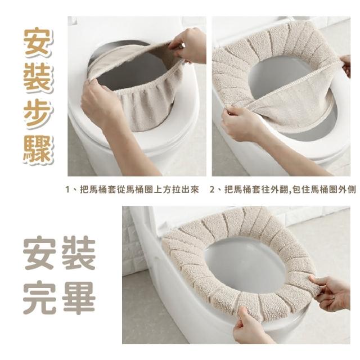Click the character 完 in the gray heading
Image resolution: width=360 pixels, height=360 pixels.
point(39,298)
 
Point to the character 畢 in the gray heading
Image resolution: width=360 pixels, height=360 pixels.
point(79,298)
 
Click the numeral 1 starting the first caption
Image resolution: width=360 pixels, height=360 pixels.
point(67,190)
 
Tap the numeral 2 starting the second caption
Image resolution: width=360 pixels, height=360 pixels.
point(212,190)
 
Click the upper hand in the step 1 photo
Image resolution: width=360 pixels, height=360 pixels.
point(188,45)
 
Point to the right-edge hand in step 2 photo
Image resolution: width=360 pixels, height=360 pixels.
point(345,65)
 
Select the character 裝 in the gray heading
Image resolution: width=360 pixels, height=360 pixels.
point(79,254)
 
